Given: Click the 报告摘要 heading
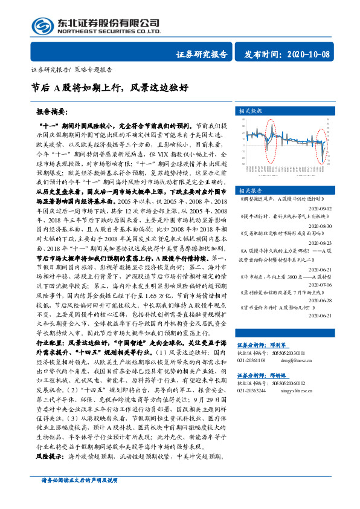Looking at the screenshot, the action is click(x=51, y=112).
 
